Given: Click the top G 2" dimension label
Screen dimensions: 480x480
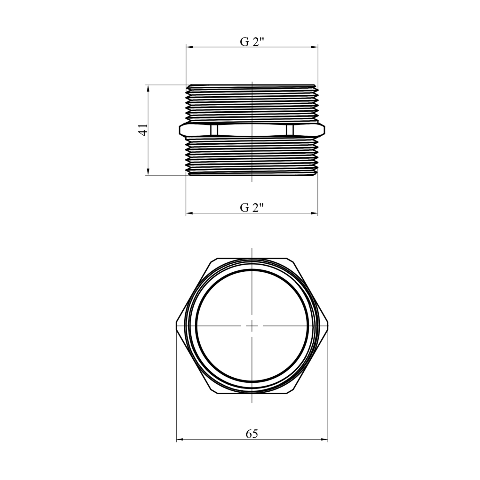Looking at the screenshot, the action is click(252, 42).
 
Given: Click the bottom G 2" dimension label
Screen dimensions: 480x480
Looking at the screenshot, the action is click(252, 208).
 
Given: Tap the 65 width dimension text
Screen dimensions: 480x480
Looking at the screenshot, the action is click(252, 434).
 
